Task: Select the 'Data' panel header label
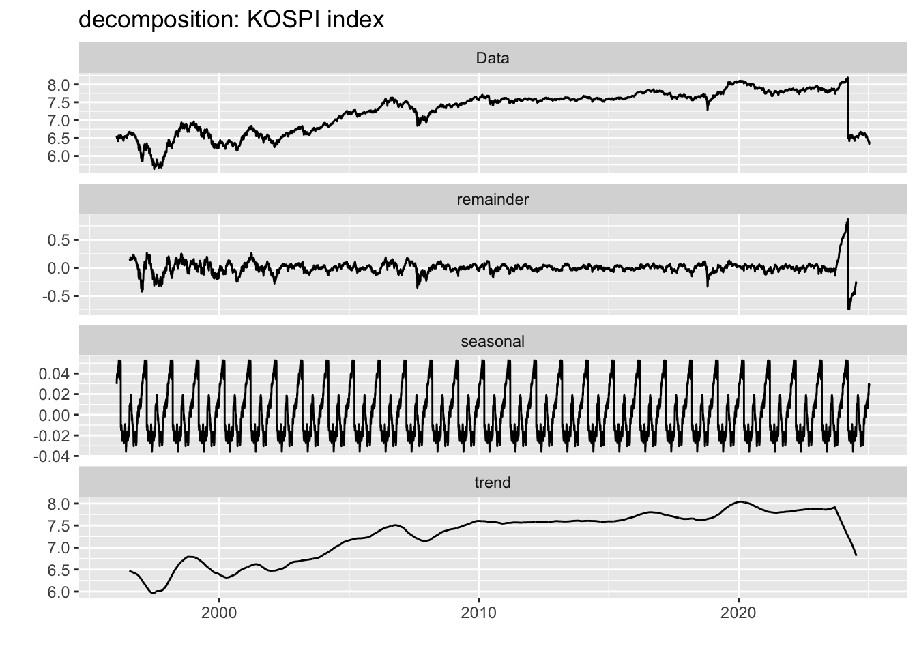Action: [492, 59]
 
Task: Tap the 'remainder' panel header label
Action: [492, 200]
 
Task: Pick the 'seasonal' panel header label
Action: [492, 341]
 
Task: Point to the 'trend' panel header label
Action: [492, 483]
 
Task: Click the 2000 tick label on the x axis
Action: [219, 613]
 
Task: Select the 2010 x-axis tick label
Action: [478, 613]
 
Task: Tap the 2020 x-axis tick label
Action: [738, 613]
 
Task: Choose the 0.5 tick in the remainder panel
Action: [59, 239]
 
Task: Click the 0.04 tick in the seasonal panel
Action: [57, 374]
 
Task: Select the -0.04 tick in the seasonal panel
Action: [55, 456]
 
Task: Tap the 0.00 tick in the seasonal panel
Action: [57, 415]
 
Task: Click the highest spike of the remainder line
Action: [847, 219]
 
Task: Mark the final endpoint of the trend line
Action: [856, 555]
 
